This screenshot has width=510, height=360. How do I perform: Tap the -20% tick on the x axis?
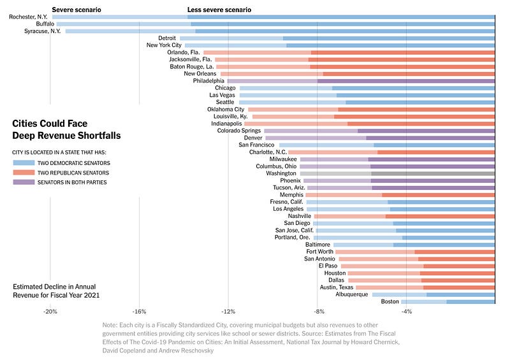tap(50, 312)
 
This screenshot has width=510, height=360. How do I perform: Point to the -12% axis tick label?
tap(228, 312)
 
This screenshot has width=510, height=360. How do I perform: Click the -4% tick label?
tap(406, 312)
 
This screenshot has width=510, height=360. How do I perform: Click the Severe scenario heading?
tap(76, 10)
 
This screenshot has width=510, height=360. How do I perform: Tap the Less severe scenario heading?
tap(219, 10)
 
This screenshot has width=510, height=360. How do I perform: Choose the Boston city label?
tap(390, 301)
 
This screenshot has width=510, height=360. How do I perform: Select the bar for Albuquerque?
tap(433, 294)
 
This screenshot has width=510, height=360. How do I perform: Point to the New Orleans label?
tap(200, 74)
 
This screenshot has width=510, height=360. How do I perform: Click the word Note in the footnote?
tap(110, 325)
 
